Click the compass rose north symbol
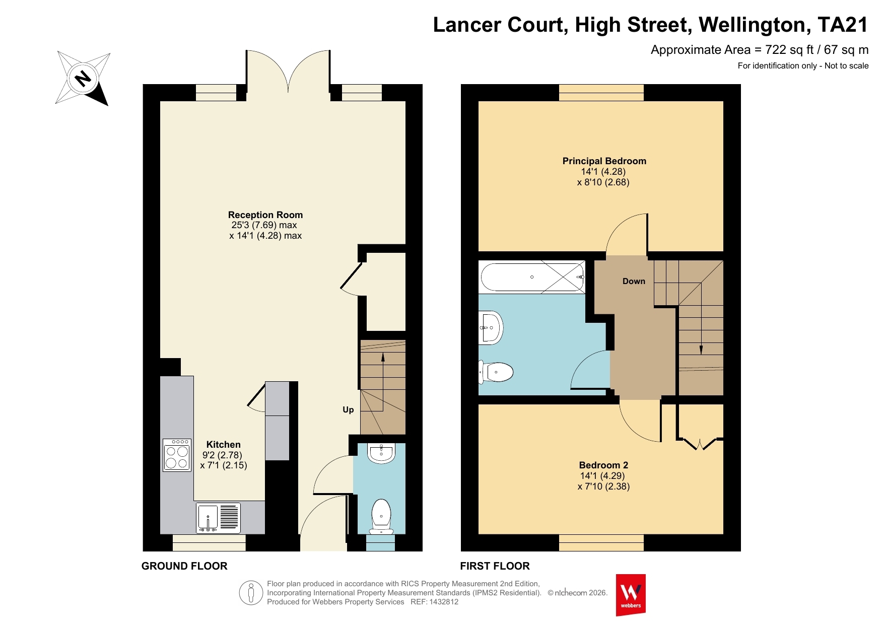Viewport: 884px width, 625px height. pyautogui.click(x=83, y=78)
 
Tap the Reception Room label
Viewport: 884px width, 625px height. pyautogui.click(x=265, y=215)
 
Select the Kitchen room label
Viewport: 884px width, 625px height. pyautogui.click(x=224, y=445)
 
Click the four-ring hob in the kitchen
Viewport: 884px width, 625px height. pyautogui.click(x=177, y=455)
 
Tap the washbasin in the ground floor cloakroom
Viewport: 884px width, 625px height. pyautogui.click(x=381, y=453)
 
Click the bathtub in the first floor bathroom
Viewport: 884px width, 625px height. pyautogui.click(x=532, y=277)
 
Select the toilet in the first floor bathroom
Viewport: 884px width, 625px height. pyautogui.click(x=496, y=372)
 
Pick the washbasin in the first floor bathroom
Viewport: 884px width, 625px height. pyautogui.click(x=491, y=328)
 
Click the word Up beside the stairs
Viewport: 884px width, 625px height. pyautogui.click(x=348, y=410)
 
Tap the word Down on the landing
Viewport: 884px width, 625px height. pyautogui.click(x=634, y=282)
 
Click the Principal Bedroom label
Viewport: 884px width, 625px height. pyautogui.click(x=604, y=161)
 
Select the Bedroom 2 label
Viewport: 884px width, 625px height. pyautogui.click(x=603, y=465)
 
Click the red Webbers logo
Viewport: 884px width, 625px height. pyautogui.click(x=631, y=595)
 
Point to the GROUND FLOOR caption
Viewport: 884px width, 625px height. pyautogui.click(x=184, y=566)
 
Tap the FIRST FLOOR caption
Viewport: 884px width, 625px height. pyautogui.click(x=495, y=566)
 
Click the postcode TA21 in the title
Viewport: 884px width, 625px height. pyautogui.click(x=843, y=25)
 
